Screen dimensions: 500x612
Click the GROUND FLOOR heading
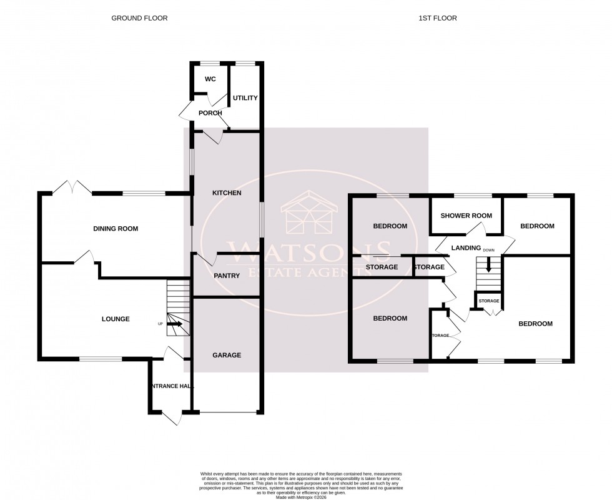tap(139, 18)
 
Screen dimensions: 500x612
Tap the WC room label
tap(210, 79)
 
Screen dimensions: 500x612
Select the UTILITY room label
tap(245, 98)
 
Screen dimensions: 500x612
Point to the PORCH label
tap(210, 113)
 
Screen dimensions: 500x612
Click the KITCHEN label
tap(226, 193)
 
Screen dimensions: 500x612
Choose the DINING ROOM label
tap(116, 229)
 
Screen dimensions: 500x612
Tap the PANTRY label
tap(226, 275)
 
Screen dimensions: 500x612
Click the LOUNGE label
tap(116, 319)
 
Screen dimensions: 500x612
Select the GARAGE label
tap(226, 355)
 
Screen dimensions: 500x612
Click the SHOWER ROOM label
tap(466, 216)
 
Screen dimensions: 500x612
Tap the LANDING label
tap(466, 248)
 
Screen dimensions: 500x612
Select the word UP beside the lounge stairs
tap(160, 324)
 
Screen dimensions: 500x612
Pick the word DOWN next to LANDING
tap(489, 250)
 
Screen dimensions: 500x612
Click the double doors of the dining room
tap(73, 186)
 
